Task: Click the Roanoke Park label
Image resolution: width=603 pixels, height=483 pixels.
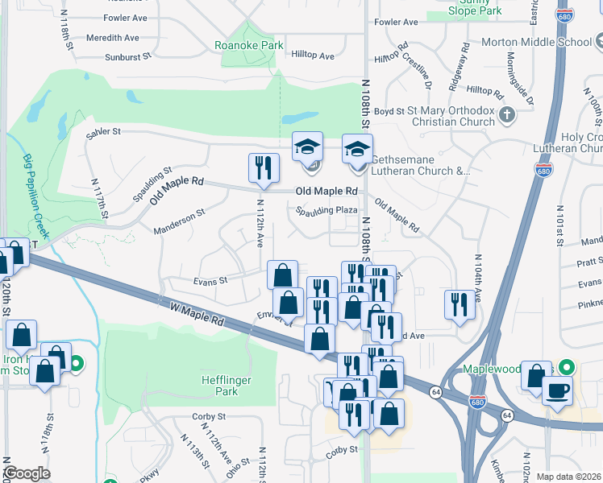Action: pyautogui.click(x=249, y=46)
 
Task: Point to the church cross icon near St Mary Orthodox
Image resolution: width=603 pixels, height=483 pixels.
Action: pyautogui.click(x=506, y=115)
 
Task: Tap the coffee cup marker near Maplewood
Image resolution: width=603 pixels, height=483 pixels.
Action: pyautogui.click(x=557, y=392)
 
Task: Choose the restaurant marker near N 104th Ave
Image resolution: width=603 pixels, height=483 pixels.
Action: pyautogui.click(x=460, y=304)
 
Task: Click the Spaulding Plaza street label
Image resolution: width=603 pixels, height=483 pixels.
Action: pyautogui.click(x=326, y=210)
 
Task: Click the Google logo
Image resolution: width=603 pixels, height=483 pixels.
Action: pyautogui.click(x=27, y=473)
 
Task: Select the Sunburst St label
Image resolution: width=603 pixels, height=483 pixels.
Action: pyautogui.click(x=128, y=57)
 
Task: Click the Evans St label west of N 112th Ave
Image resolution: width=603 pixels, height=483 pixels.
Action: pyautogui.click(x=210, y=281)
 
